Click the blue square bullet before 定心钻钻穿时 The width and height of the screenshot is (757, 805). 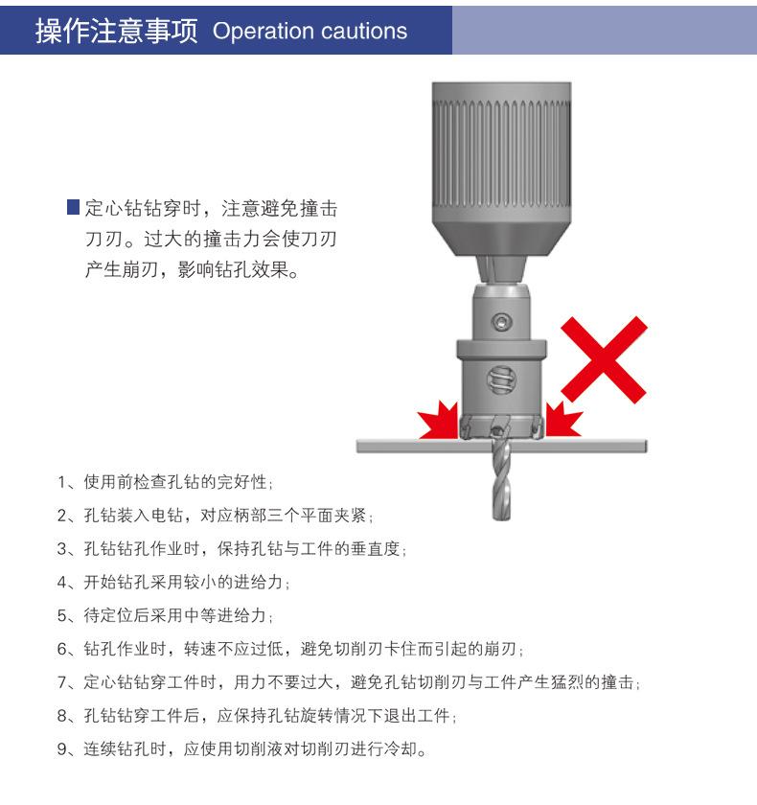coord(72,207)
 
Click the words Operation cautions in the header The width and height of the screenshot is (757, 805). coord(310,32)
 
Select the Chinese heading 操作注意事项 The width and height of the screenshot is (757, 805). coord(115,31)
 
